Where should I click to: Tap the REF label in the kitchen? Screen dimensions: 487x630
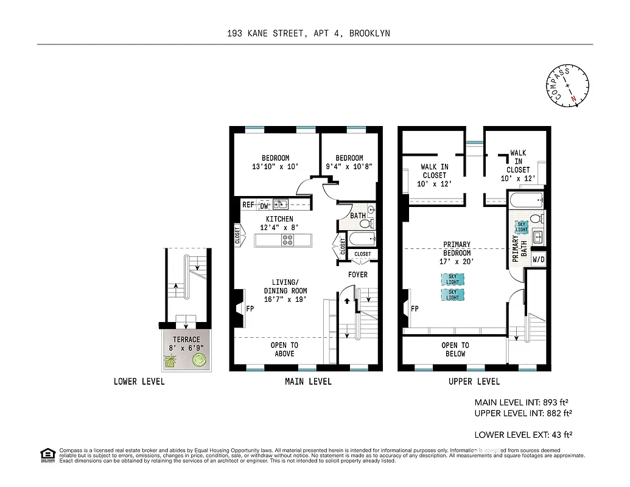(248, 205)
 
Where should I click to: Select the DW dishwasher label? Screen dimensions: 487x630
(264, 206)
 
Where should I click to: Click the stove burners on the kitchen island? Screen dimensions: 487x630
(287, 240)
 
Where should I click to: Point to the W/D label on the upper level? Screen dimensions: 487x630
(539, 260)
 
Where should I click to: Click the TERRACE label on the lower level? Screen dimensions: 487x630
(186, 340)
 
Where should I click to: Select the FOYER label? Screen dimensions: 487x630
(358, 275)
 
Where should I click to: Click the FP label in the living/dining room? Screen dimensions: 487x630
(250, 309)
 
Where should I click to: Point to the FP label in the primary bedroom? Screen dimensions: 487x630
(415, 309)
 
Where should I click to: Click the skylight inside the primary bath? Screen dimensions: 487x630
(522, 227)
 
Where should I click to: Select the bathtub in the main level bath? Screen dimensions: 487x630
(360, 238)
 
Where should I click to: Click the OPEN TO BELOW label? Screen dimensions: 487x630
(455, 349)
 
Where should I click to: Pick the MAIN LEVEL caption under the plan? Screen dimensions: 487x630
(308, 382)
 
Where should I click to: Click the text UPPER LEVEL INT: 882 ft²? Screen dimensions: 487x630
(523, 413)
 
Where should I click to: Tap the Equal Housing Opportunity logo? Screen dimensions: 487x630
(47, 455)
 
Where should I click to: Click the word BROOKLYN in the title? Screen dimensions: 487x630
(370, 34)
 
